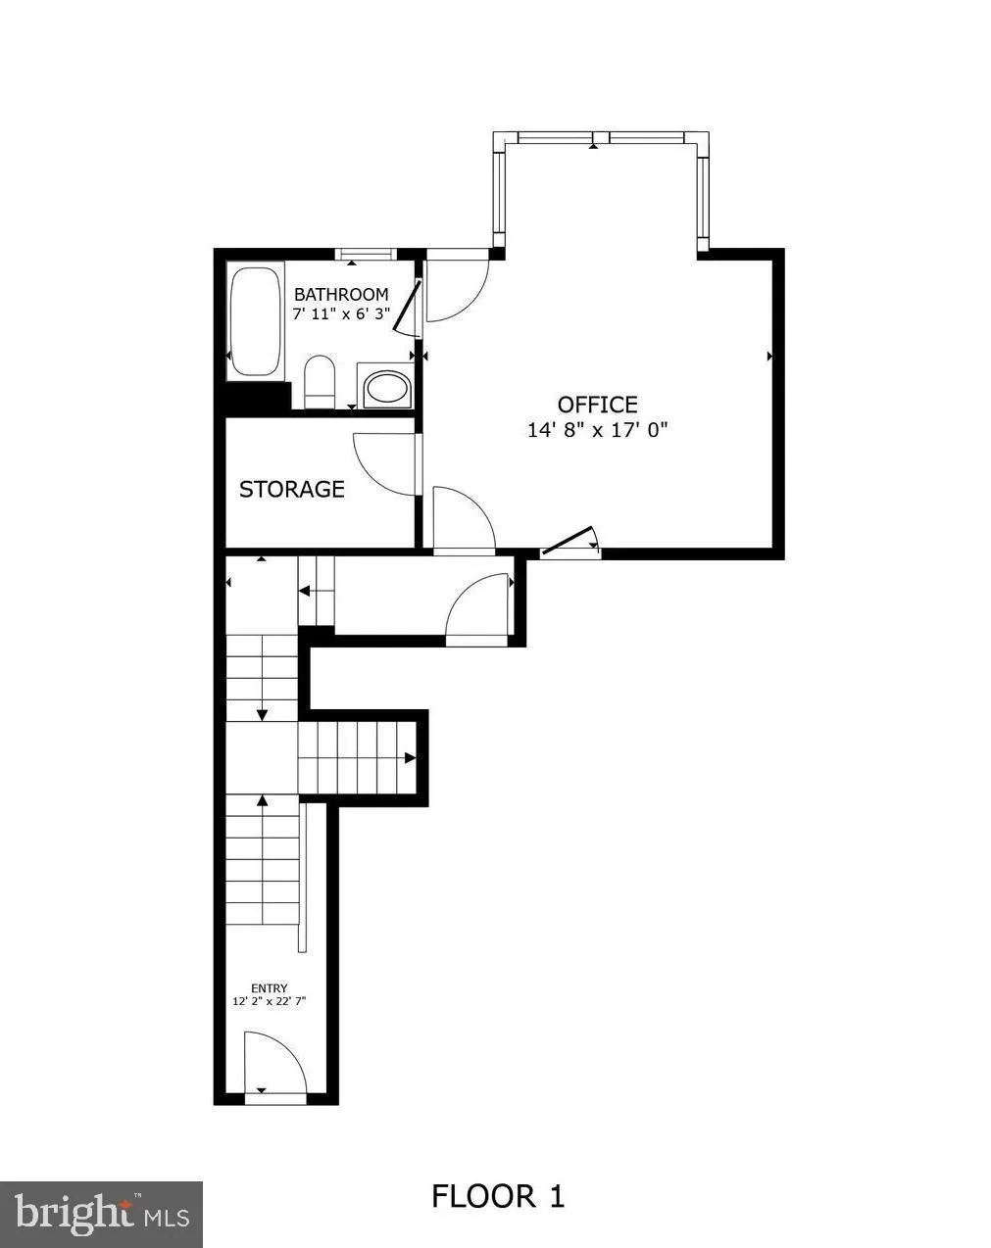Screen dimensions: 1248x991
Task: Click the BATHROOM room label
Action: click(341, 294)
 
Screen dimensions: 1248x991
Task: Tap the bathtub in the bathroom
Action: click(256, 322)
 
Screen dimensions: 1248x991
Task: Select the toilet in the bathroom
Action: click(320, 382)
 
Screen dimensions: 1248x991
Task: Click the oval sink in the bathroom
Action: click(387, 389)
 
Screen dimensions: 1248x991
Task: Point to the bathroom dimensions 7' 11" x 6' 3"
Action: click(341, 313)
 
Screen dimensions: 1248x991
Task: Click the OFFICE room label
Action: click(597, 405)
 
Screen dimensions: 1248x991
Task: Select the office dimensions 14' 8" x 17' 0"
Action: click(597, 429)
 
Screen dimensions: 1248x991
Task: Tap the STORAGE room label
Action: click(292, 489)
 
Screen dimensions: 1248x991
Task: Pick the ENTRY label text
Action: click(270, 988)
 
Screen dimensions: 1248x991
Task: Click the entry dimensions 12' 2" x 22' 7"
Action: click(270, 1001)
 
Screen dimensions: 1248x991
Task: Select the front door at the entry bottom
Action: click(274, 1066)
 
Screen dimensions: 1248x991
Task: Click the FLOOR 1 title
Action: click(498, 1196)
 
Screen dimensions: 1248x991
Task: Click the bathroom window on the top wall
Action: click(366, 255)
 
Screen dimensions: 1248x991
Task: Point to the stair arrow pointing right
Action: click(409, 757)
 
